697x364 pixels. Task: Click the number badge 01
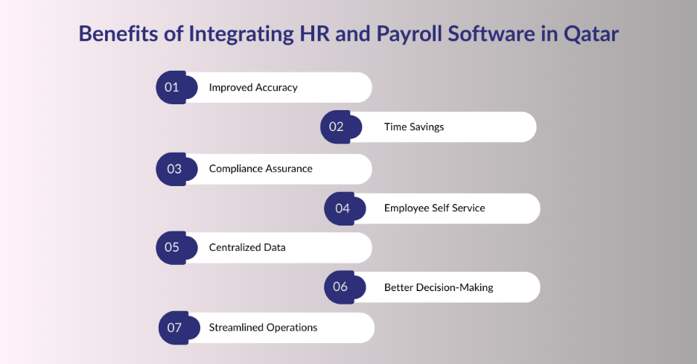point(173,87)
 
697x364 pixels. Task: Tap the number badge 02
point(337,127)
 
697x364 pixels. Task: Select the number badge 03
point(174,169)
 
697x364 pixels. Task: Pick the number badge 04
point(342,208)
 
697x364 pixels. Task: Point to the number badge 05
point(173,247)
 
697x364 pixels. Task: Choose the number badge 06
point(340,287)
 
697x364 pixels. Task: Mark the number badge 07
point(175,328)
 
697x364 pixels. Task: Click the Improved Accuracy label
point(252,87)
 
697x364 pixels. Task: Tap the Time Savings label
point(413,127)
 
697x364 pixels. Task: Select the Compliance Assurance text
point(260,169)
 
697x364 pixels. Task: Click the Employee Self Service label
point(434,208)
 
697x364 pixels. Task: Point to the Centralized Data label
point(246,247)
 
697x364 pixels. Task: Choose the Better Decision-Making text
point(438,287)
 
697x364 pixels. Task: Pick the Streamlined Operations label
point(263,328)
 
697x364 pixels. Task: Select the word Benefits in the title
point(115,35)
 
